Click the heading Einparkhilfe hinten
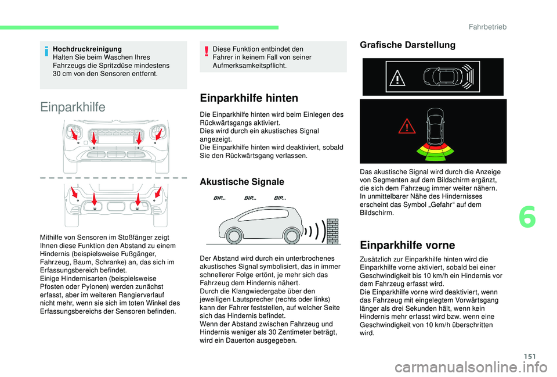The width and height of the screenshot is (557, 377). [248, 98]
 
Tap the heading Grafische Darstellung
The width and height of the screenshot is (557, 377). [399, 45]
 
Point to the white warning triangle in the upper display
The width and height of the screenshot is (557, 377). [397, 77]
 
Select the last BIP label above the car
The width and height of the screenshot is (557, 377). [280, 198]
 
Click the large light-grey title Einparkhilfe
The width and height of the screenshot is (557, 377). [73, 107]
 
